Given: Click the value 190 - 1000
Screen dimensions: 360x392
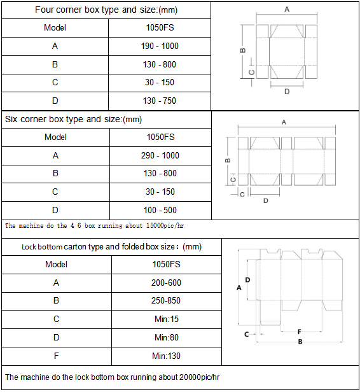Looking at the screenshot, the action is (160, 46).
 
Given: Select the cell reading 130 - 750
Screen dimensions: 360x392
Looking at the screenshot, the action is (160, 101).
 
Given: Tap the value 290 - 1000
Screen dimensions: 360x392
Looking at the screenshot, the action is (160, 155).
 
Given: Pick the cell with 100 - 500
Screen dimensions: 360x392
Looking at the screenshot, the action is (160, 210).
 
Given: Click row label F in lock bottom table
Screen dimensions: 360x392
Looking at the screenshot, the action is (56, 355).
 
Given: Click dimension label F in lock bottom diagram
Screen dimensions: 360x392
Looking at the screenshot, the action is (299, 332).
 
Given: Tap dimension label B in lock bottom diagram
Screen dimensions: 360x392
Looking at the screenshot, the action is (300, 342).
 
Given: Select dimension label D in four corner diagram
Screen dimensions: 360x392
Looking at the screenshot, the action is (287, 92).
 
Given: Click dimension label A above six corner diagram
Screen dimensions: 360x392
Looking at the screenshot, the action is (284, 122).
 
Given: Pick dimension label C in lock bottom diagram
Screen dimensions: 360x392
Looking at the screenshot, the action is (246, 333).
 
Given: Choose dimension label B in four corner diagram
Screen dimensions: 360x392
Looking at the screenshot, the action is (242, 50).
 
